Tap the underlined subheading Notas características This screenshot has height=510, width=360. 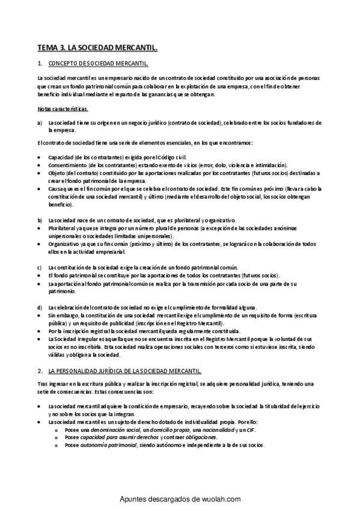click(x=63, y=109)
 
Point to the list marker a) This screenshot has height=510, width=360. click(x=39, y=123)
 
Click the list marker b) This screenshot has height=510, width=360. click(x=39, y=220)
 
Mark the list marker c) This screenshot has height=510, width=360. click(x=39, y=267)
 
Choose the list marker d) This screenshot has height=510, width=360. click(x=39, y=307)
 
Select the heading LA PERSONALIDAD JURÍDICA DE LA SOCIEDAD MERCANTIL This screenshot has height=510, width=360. click(x=129, y=371)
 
